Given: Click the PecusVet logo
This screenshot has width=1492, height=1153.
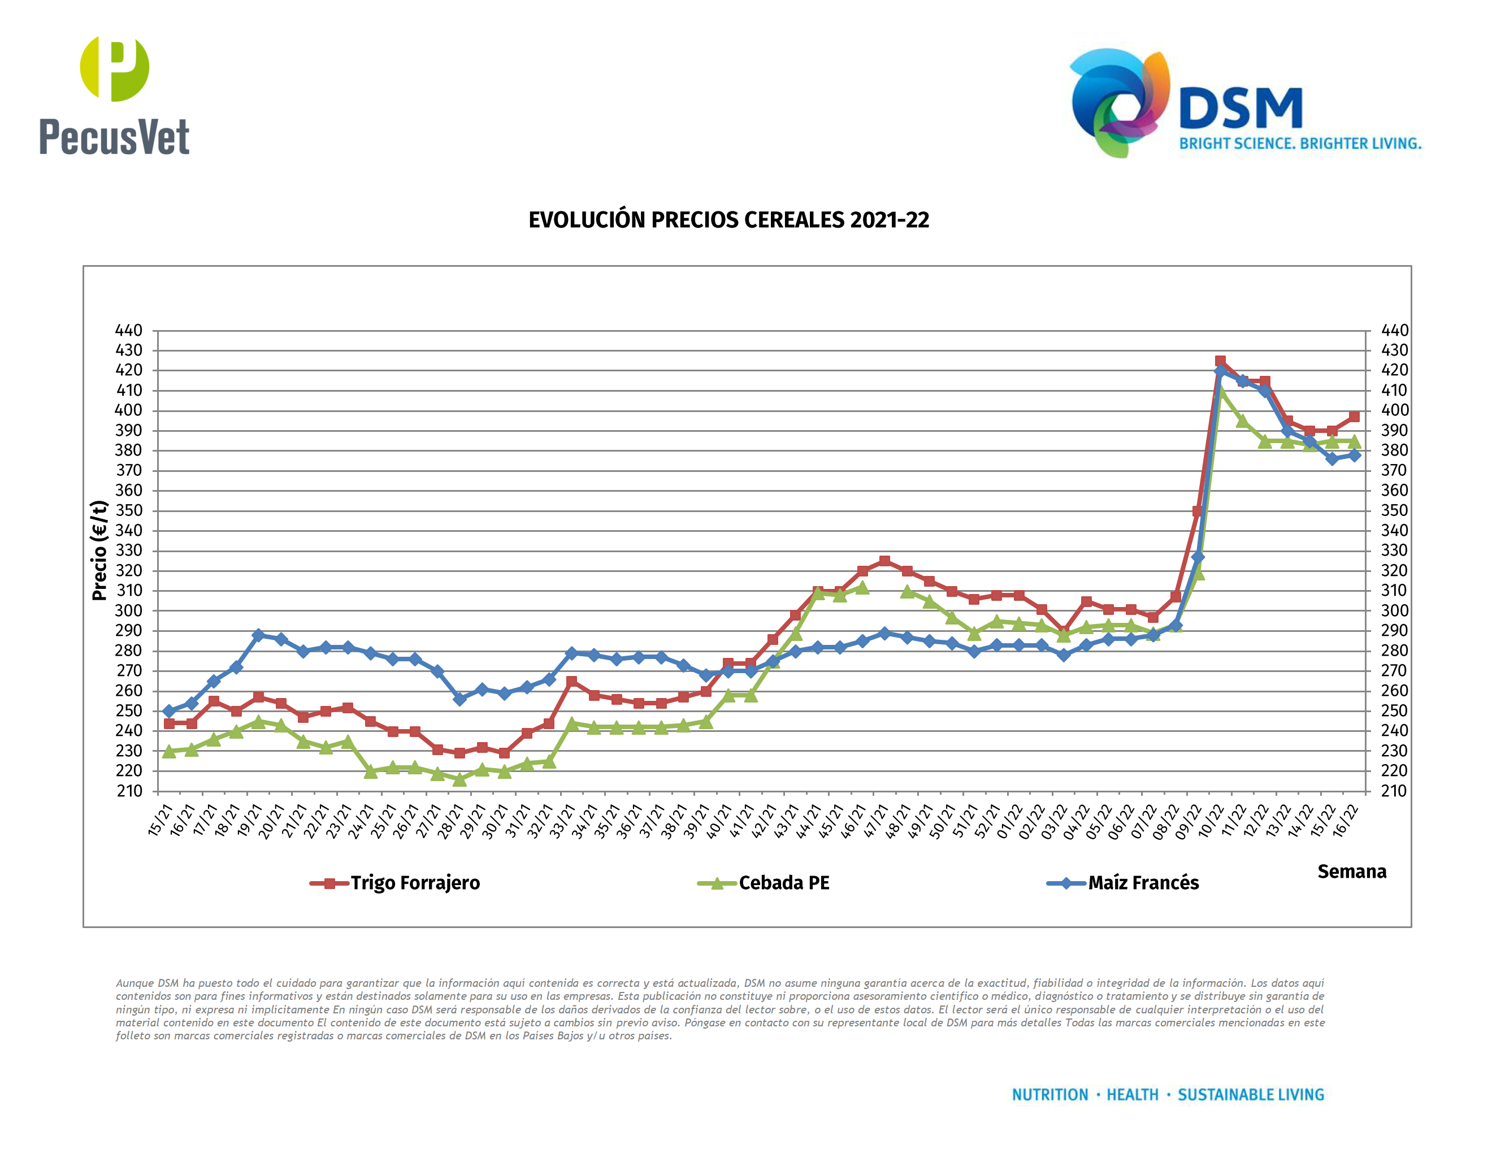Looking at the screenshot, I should click(x=114, y=96).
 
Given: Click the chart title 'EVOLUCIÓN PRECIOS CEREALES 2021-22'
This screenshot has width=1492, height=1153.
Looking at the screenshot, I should click(x=728, y=220).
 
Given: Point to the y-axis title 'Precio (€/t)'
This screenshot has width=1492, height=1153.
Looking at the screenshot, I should click(x=99, y=551).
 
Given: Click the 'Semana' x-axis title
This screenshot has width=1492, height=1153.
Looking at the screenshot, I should click(x=1351, y=872).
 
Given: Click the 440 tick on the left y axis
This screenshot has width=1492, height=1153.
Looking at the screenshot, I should click(x=129, y=331).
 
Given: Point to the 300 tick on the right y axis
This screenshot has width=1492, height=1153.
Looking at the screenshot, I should click(x=1394, y=610).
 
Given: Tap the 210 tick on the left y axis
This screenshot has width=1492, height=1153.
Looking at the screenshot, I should click(x=129, y=791).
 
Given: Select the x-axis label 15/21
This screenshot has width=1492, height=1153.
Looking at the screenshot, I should click(x=161, y=820).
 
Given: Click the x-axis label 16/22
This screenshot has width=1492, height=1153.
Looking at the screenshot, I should click(x=1346, y=820).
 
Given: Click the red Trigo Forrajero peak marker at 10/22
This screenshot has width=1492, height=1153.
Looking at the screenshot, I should click(x=1220, y=361).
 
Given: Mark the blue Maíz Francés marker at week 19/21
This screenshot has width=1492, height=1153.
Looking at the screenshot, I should click(x=258, y=635).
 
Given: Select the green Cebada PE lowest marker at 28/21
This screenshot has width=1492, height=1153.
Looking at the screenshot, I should click(x=460, y=779).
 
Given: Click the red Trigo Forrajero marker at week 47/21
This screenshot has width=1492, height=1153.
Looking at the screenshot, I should click(x=884, y=561).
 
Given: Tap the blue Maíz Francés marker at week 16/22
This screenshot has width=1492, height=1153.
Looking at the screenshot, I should click(x=1354, y=455).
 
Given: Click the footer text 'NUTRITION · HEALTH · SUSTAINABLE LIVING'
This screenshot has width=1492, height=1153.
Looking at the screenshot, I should click(x=1168, y=1095).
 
